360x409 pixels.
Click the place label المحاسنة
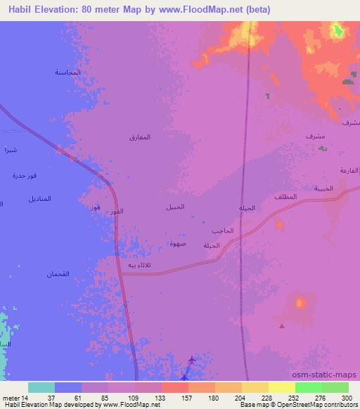tap(67, 73)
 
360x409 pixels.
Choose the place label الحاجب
tap(221, 231)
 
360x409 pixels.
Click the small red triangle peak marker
tap(282, 325)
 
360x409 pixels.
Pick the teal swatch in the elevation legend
tap(41, 387)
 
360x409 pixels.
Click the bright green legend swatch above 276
tap(308, 387)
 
